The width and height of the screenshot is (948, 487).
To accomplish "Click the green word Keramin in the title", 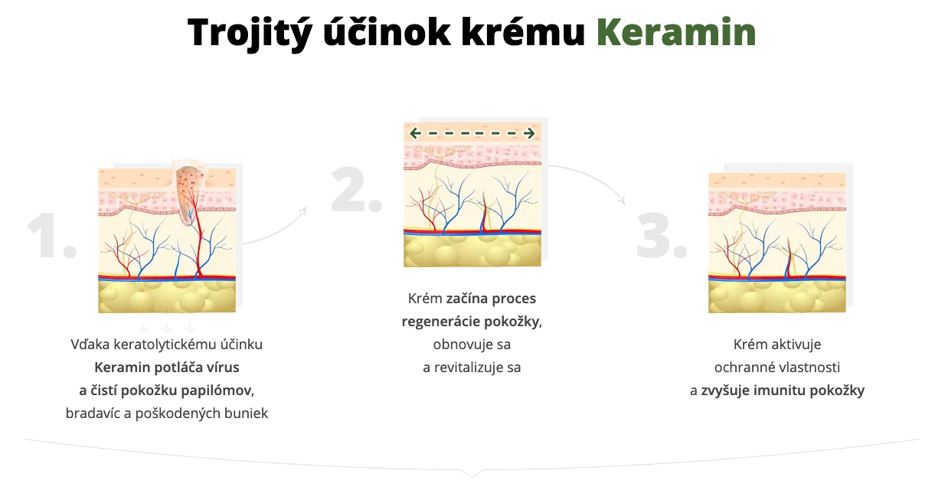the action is pyautogui.click(x=676, y=32).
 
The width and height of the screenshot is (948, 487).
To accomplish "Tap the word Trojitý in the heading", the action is pyautogui.click(x=250, y=34).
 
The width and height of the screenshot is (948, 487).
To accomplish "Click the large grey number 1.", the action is pyautogui.click(x=51, y=236).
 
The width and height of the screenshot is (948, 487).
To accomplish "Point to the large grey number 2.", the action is pyautogui.click(x=356, y=189).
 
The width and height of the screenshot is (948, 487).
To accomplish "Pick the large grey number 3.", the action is pyautogui.click(x=662, y=236).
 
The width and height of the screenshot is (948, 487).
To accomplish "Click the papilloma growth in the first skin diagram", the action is pyautogui.click(x=189, y=191).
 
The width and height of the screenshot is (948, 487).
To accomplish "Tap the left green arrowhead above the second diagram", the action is pyautogui.click(x=415, y=133).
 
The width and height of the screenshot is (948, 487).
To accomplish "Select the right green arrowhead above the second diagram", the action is pyautogui.click(x=529, y=133).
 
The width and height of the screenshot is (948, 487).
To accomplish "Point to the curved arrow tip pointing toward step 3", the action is pyautogui.click(x=623, y=201).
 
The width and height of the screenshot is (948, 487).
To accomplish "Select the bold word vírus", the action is pyautogui.click(x=223, y=368).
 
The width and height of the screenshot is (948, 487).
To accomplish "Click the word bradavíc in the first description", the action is pyautogui.click(x=93, y=413).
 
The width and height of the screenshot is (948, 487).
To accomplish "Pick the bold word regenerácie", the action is pyautogui.click(x=440, y=322).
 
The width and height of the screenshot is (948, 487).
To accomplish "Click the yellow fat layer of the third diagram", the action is pyautogui.click(x=777, y=296).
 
